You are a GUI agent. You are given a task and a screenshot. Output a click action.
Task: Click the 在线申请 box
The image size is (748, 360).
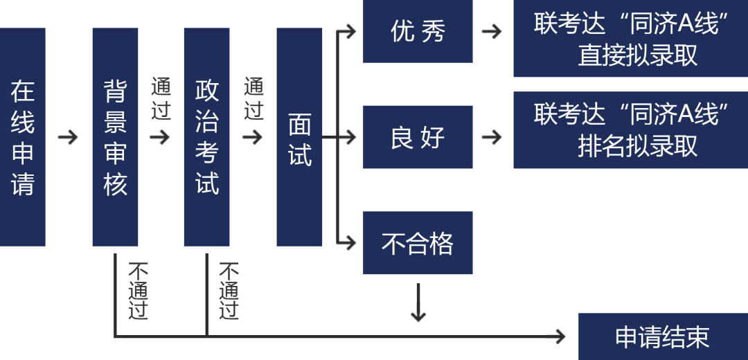pos(22,137)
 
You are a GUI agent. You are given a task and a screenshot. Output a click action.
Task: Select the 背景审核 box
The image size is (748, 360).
pos(115,137)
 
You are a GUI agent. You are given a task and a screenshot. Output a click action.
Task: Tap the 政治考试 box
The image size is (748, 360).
pos(206,137)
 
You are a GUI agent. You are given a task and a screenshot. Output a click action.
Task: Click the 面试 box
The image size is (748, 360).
pos(299,137)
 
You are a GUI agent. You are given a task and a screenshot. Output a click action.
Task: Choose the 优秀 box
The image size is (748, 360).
pos(418,31)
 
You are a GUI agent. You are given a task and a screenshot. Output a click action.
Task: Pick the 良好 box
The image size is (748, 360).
pos(418,137)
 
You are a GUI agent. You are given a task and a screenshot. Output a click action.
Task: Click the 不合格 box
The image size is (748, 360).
pos(418,243)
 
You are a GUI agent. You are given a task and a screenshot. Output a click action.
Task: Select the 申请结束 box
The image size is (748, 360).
pos(663,336)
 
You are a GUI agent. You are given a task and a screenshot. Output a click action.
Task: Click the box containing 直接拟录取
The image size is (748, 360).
pos(630,39)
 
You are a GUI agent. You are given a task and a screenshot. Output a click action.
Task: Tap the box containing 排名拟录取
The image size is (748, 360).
pos(630,129)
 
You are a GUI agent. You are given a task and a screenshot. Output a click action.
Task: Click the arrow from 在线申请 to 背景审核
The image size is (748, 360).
pos(68,137)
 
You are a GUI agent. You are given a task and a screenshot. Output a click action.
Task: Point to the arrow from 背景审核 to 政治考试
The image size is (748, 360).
pos(160,137)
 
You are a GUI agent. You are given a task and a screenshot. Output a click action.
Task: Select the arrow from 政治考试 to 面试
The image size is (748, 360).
pos(253,137)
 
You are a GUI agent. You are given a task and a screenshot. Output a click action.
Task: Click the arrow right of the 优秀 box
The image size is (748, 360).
pos(492,31)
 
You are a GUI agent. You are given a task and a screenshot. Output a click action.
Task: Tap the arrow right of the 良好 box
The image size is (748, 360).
pos(492,137)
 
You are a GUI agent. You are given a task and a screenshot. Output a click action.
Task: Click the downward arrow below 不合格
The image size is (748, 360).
pos(418,305)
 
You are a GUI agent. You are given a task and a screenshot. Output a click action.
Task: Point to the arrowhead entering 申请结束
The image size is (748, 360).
pos(560,336)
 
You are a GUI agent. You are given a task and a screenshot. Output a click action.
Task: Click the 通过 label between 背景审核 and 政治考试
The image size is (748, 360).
pos(161,98)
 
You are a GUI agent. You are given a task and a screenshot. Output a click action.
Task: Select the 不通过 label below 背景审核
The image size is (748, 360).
pos(138,291)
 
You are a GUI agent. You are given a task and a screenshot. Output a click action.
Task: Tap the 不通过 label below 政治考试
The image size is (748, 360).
pos(229,291)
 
